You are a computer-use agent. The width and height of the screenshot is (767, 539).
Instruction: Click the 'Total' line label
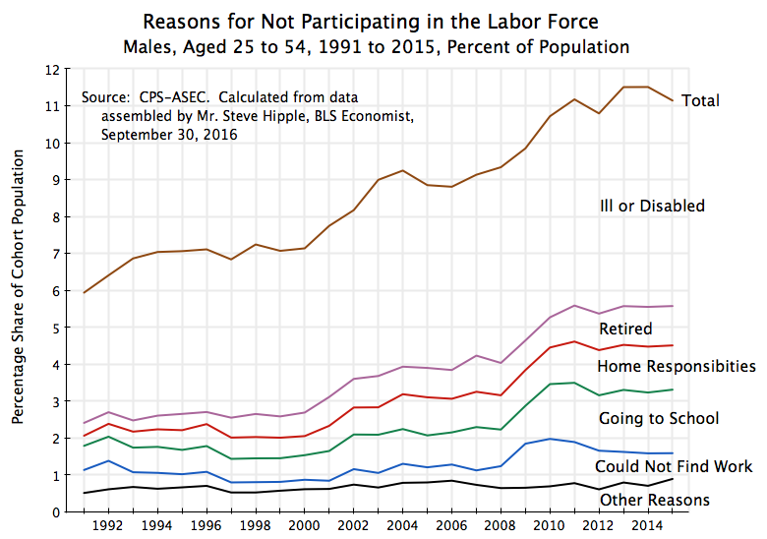pos(700,100)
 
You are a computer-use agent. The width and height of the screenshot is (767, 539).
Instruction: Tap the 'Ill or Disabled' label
pos(652,206)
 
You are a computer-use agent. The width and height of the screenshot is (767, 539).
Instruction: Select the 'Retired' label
pos(625,329)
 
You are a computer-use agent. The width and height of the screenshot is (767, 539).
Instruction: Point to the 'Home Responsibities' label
pos(677,366)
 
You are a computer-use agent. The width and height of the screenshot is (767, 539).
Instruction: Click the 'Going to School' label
pos(659,419)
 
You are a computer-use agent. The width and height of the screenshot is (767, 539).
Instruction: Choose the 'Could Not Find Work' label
pos(674,466)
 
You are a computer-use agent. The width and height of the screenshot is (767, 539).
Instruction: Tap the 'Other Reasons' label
pos(654,500)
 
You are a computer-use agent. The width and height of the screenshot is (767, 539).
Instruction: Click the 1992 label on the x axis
pos(107,526)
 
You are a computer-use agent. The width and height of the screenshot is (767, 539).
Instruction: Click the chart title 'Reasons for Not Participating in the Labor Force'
pos(370,22)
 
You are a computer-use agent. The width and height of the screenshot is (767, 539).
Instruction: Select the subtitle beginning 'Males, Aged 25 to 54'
pos(377,46)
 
